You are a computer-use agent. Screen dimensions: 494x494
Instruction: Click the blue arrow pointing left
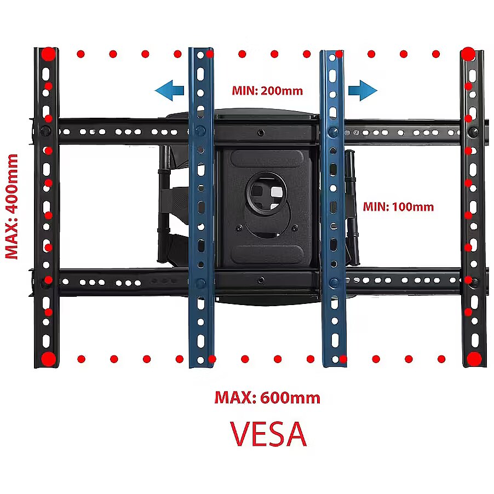coord(169,90)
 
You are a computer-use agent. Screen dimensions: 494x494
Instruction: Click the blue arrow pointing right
coord(363,90)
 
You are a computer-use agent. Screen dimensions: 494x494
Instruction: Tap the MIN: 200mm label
coord(267,91)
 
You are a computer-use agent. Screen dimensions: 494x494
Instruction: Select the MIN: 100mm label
coord(398,206)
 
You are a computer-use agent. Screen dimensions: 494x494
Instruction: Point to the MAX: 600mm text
coord(267,397)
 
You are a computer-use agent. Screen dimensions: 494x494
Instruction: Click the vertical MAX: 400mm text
coord(12,206)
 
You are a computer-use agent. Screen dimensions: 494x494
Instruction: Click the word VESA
coord(268,434)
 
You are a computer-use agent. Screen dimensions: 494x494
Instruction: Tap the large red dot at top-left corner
coord(49,54)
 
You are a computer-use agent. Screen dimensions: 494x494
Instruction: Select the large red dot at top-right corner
coord(468,54)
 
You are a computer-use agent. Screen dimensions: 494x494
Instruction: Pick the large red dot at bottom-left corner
coord(49,359)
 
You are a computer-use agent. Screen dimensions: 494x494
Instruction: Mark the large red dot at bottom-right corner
coord(474,359)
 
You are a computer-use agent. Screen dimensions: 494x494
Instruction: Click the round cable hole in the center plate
coord(267,193)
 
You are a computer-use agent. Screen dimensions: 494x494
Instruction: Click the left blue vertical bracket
coord(201,208)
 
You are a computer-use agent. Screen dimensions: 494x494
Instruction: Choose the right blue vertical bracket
coord(334,208)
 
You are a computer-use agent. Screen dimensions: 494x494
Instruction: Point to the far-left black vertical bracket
coord(47,208)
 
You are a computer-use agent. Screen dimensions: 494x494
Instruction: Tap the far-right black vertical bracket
coord(473,208)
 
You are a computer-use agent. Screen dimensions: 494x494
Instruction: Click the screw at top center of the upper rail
coord(261,133)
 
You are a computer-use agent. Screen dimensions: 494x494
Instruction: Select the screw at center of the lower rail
coord(261,280)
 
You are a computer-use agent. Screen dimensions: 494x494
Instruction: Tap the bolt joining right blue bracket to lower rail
coord(334,282)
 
